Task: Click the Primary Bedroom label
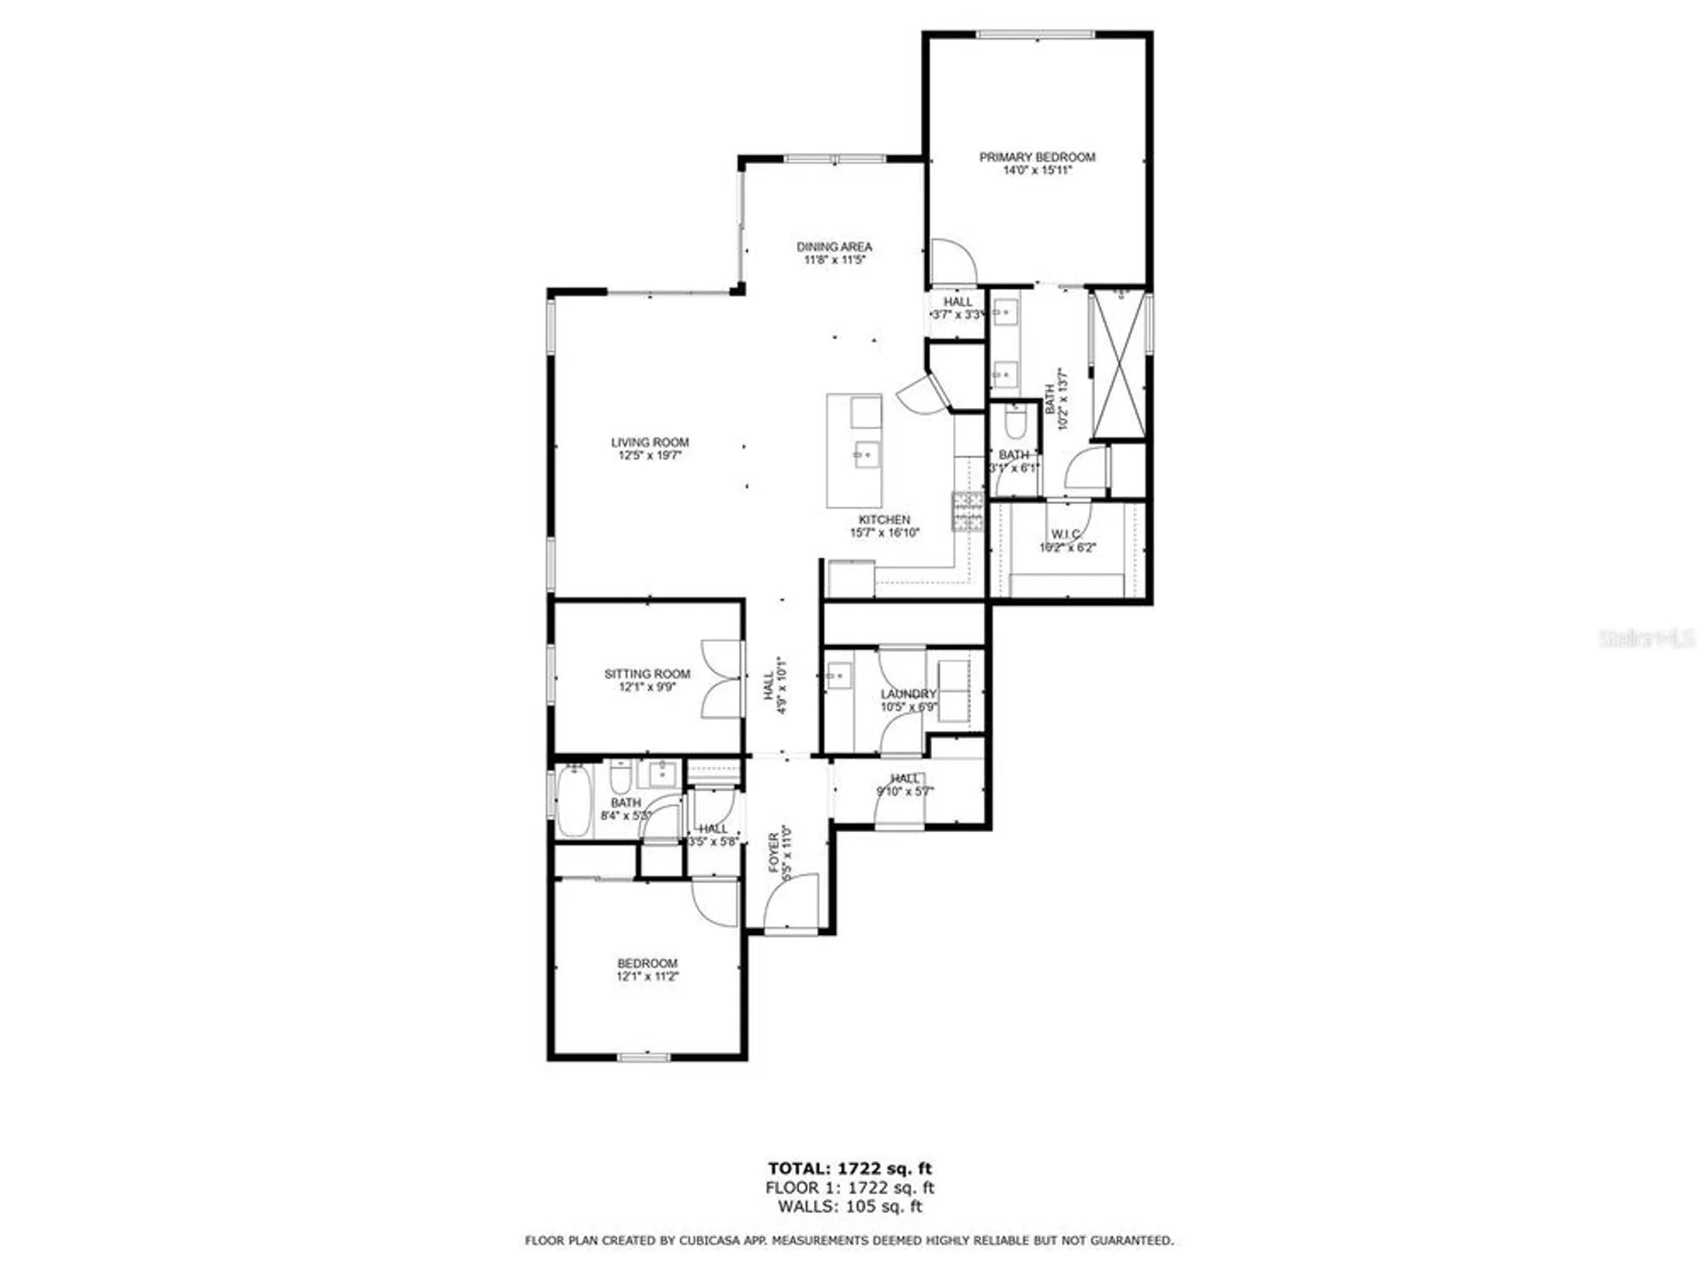1036,157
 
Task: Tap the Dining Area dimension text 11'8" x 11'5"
834,260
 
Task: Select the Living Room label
650,442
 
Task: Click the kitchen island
854,450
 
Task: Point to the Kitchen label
884,519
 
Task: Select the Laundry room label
908,694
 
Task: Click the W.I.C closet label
1065,534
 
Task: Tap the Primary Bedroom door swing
953,262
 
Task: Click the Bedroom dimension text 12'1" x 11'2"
647,977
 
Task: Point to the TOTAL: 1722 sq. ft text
849,1169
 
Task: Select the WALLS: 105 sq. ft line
849,1206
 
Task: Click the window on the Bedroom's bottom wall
644,1057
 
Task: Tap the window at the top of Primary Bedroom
1035,35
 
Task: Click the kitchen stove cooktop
968,512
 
